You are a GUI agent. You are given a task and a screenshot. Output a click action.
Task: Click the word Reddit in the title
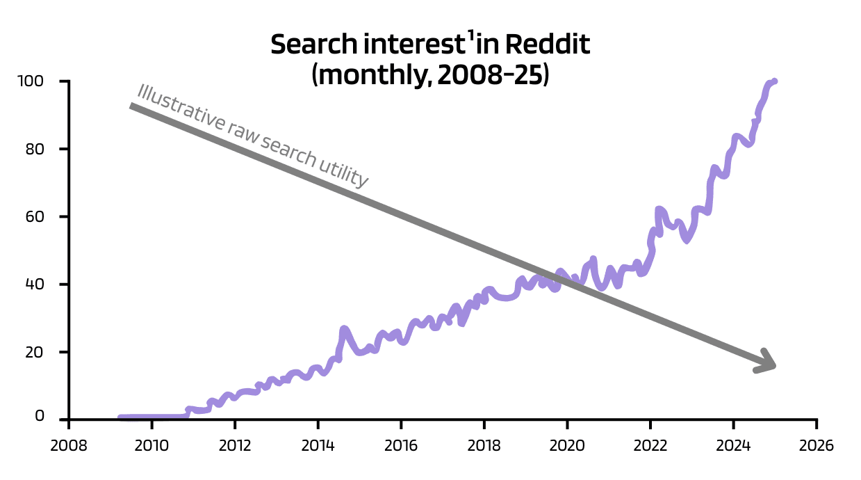547,45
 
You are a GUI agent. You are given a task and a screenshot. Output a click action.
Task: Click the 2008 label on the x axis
69,445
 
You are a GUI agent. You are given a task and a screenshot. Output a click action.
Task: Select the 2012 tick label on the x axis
235,445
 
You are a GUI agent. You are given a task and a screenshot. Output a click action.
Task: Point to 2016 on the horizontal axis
401,445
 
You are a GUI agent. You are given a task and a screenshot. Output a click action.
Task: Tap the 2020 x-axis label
567,445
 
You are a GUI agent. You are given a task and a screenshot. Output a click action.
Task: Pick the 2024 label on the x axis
733,445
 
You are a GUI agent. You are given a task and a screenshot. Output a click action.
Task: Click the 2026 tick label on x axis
817,445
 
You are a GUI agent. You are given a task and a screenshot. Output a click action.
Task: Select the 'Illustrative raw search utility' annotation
252,136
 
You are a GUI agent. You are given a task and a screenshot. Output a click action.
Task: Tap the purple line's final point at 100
774,81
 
